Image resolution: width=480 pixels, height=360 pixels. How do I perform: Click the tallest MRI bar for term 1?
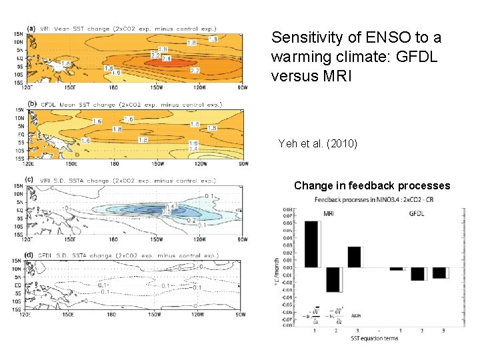pyautogui.click(x=311, y=244)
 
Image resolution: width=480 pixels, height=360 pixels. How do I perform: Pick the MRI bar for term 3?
pyautogui.click(x=353, y=257)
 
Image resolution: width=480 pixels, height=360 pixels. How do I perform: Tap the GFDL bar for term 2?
pyautogui.click(x=417, y=273)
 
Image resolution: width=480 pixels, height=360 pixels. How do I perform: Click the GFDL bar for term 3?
pyautogui.click(x=438, y=273)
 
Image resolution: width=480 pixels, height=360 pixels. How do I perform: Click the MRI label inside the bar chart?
pyautogui.click(x=329, y=214)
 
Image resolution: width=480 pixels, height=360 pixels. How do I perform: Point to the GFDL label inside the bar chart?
pyautogui.click(x=417, y=214)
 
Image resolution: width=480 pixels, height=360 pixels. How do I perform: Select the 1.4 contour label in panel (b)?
pyautogui.click(x=193, y=149)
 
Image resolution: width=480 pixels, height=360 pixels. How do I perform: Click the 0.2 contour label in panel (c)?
pyautogui.click(x=191, y=219)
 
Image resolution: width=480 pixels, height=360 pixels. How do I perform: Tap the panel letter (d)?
pyautogui.click(x=30, y=255)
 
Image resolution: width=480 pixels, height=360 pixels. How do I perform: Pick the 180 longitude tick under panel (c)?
pyautogui.click(x=114, y=239)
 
